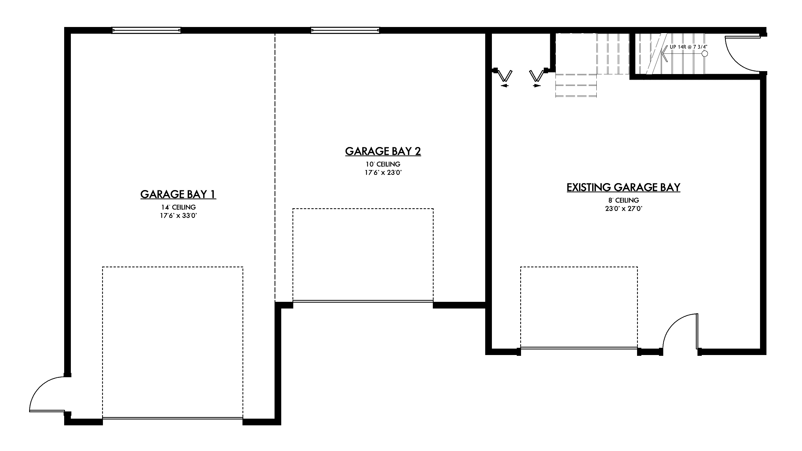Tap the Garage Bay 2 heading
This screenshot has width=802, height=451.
coord(383,151)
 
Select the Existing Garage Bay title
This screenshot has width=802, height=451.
coord(623,187)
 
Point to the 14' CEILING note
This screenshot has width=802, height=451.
coord(178,207)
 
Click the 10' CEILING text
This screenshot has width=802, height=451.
coord(383,164)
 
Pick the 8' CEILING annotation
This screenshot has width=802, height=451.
coord(624,201)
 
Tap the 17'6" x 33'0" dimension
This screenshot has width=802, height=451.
coord(178,215)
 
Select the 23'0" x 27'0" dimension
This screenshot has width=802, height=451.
coord(624,209)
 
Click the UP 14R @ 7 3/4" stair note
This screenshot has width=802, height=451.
coord(688,47)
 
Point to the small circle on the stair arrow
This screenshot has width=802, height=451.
coord(705,54)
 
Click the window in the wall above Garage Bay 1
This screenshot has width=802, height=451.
coord(146,30)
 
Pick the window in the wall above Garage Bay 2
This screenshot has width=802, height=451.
coord(345,30)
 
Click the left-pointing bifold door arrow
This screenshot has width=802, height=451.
coord(505,85)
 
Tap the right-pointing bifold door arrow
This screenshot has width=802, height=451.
coord(537,86)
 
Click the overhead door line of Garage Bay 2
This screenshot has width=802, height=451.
coord(363,301)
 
